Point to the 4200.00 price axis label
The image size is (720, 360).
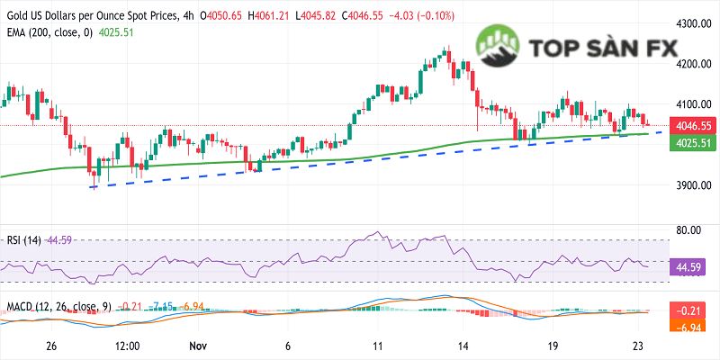coord(693,64)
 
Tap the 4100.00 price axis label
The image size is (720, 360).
coord(693,104)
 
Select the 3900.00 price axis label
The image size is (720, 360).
coord(693,186)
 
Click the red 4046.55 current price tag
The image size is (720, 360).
coord(693,126)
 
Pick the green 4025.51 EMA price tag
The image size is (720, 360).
coord(693,143)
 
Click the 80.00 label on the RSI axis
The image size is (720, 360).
coord(689,230)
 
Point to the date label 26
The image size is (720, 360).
coord(51,346)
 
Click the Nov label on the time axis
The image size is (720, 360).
coord(198,346)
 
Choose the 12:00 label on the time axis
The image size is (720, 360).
coord(127,346)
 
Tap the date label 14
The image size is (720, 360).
coord(463,346)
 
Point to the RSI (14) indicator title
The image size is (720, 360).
coord(23,239)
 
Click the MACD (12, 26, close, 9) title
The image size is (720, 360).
coord(58,307)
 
